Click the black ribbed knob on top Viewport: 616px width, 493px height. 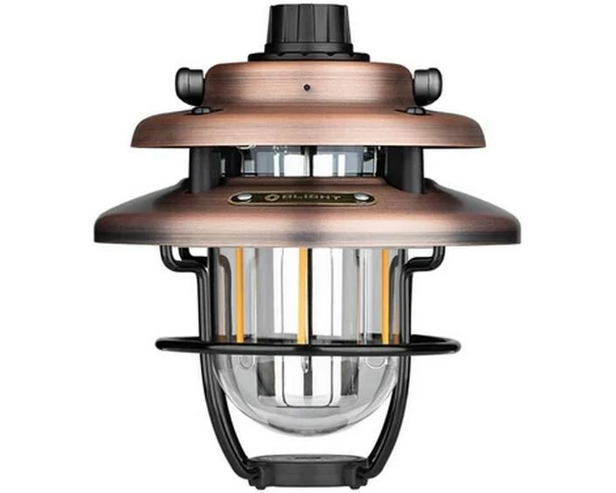(308, 30)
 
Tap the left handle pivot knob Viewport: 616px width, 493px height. (189, 85)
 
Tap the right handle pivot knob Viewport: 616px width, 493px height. (426, 85)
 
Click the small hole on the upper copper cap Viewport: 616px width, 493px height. (308, 87)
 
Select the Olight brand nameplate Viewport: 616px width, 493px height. (302, 198)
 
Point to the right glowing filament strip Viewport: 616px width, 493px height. (385, 293)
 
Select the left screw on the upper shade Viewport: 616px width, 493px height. (201, 111)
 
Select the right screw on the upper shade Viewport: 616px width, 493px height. (412, 111)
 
